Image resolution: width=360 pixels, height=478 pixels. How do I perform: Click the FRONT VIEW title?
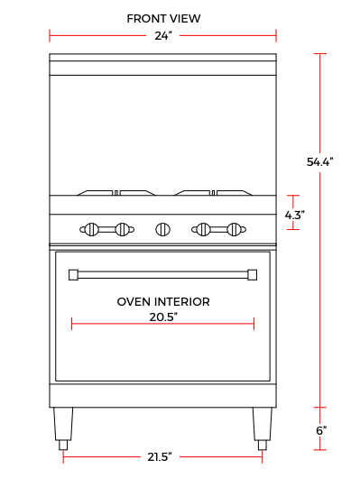click(163, 19)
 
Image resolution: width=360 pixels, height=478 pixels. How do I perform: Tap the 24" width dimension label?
click(163, 36)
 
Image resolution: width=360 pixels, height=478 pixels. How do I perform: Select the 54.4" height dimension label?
click(319, 161)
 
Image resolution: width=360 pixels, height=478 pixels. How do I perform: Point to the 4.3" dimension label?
click(294, 215)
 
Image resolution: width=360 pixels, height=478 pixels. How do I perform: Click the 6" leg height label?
click(321, 430)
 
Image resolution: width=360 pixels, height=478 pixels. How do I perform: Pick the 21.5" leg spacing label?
click(160, 456)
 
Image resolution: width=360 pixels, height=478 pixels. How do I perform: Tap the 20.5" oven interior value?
click(163, 317)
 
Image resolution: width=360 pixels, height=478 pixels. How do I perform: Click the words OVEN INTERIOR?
click(163, 302)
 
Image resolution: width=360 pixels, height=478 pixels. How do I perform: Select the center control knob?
click(163, 229)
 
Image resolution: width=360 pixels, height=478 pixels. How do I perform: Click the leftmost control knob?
click(91, 229)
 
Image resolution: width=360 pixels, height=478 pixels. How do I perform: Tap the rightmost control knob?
click(235, 229)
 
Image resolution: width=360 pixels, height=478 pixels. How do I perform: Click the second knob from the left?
click(123, 229)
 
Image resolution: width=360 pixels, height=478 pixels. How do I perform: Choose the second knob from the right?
click(203, 229)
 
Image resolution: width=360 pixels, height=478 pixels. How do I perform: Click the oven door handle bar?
click(163, 275)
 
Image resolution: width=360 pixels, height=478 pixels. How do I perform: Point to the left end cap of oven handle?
click(73, 275)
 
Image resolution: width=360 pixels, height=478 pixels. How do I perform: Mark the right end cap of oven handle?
click(253, 275)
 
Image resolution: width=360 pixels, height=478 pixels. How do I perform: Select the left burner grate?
click(116, 193)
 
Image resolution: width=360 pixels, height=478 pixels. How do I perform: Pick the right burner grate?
click(213, 193)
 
